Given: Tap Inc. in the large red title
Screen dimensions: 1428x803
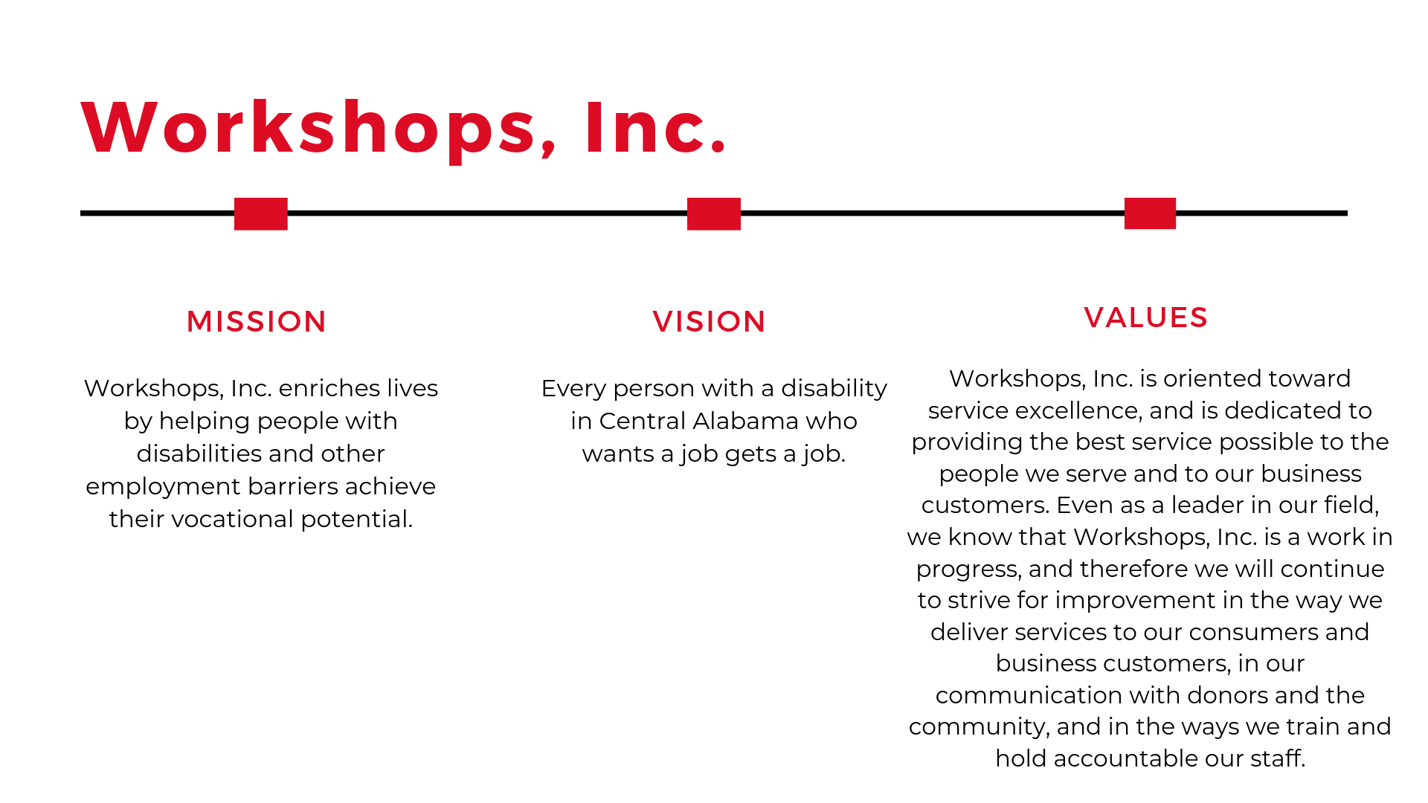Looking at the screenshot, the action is point(655,127).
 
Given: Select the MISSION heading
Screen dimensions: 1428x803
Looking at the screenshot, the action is point(257,322).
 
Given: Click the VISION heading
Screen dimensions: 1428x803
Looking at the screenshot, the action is point(709,322).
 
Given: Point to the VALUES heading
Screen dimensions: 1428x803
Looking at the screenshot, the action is point(1145,317).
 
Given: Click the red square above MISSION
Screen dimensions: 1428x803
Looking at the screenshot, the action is point(261,214).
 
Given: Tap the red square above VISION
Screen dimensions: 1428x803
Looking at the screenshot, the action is point(714,214).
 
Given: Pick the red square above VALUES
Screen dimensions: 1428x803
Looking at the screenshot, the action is point(1150,213).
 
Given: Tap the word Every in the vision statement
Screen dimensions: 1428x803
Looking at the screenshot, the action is point(571,389).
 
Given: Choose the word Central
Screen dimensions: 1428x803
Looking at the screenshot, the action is point(642,421).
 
